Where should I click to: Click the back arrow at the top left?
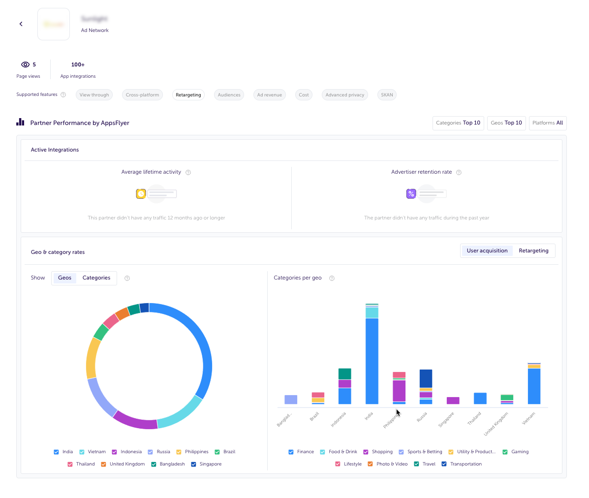point(21,24)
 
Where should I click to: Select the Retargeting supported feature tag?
point(188,95)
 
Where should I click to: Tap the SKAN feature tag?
point(387,95)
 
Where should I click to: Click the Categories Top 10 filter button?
point(458,123)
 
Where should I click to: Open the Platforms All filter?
point(548,123)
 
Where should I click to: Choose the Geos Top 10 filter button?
point(506,123)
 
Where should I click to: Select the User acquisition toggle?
point(487,251)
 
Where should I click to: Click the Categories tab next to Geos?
point(96,278)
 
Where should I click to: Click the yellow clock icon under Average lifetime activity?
point(141,194)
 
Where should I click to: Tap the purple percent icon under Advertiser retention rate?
point(411,194)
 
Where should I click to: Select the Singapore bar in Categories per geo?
point(453,401)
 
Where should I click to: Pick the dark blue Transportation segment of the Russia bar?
point(426,378)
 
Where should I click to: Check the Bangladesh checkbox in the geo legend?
point(154,465)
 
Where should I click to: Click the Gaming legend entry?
point(516,452)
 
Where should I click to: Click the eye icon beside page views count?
point(26,65)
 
